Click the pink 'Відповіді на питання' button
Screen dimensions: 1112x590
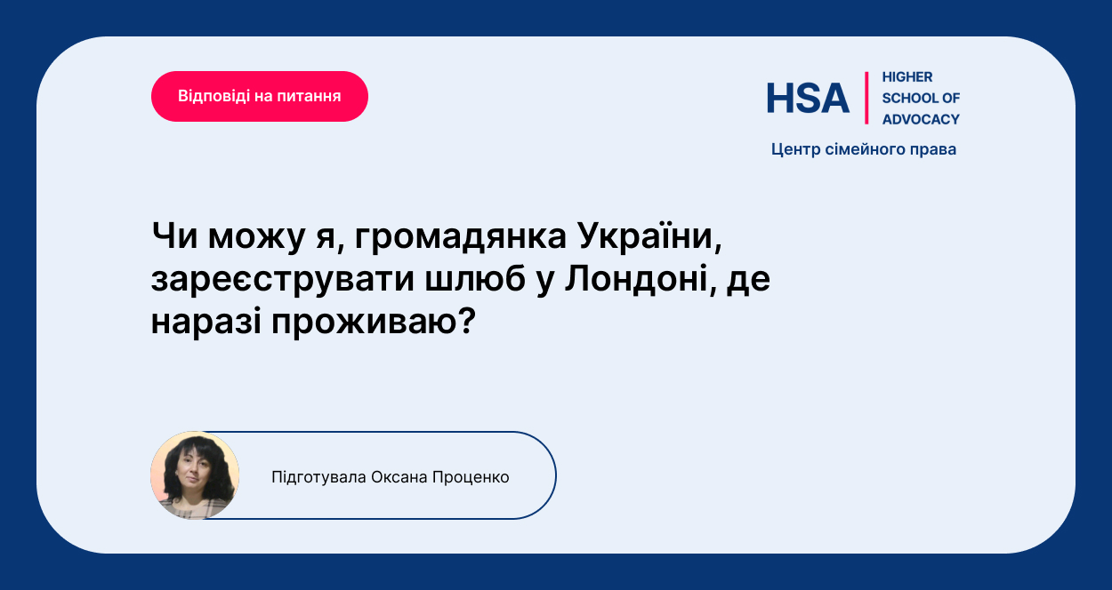point(260,96)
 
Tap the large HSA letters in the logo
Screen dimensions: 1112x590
point(808,98)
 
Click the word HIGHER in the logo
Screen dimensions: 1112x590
point(907,77)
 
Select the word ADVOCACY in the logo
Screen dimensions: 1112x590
point(921,119)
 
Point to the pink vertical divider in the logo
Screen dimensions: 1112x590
point(866,98)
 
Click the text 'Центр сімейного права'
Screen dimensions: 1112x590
point(863,149)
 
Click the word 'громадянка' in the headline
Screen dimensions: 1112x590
point(460,236)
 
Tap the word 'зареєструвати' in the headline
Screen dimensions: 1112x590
point(283,279)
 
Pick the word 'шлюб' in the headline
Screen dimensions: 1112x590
point(475,278)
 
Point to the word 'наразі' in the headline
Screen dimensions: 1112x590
point(206,322)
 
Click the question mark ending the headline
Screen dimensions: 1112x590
point(467,320)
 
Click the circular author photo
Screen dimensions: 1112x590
point(195,475)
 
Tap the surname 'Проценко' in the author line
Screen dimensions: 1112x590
point(471,477)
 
